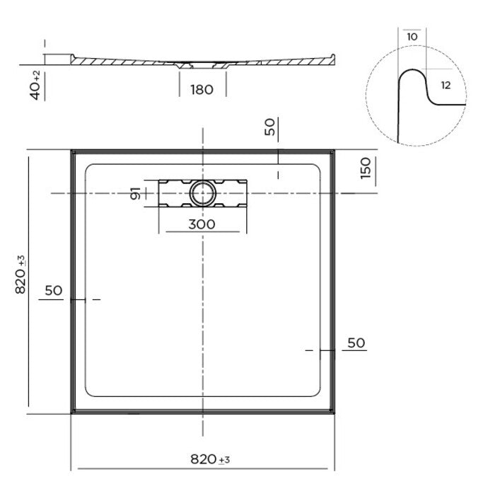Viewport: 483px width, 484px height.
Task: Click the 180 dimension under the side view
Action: click(202, 89)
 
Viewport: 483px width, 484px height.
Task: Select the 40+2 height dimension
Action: click(35, 83)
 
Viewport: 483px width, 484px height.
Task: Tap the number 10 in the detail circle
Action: click(412, 36)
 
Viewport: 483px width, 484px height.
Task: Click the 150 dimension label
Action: click(366, 168)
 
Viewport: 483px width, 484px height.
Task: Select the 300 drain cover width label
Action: click(202, 224)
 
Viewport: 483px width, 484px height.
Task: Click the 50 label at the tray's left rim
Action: click(54, 290)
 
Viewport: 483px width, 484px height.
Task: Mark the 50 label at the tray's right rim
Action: click(356, 342)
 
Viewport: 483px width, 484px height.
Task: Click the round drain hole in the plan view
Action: click(202, 192)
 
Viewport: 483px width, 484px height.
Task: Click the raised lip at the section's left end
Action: click(71, 57)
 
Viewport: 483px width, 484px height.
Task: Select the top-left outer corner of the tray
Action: click(71, 150)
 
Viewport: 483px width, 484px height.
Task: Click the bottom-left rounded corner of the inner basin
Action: click(89, 392)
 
